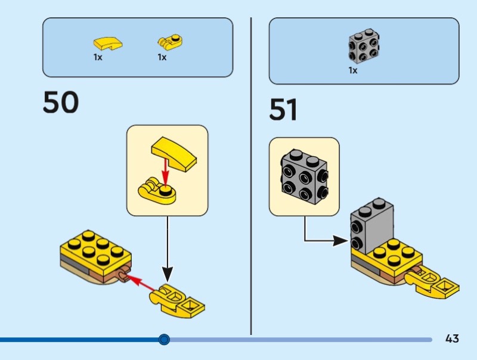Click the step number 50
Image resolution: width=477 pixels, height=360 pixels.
[x=60, y=103]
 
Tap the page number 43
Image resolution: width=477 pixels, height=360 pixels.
[x=452, y=339]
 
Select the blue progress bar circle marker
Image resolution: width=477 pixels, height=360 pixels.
[x=165, y=340]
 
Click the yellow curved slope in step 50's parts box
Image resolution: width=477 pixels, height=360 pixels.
[x=107, y=43]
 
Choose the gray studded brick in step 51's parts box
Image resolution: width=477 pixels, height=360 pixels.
[x=364, y=45]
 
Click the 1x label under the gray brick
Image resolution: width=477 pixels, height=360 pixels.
[x=353, y=70]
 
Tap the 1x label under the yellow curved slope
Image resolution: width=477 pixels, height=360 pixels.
[x=98, y=58]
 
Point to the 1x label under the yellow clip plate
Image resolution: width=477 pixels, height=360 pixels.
[x=162, y=58]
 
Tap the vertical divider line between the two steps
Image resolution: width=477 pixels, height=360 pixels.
[x=251, y=179]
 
